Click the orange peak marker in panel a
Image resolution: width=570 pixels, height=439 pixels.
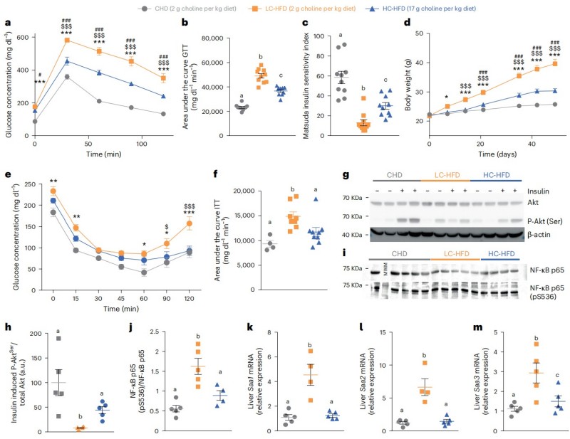click(66, 40)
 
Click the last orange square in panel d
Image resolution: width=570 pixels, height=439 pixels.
click(554, 63)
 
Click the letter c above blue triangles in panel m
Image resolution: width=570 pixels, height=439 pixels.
click(553, 370)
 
